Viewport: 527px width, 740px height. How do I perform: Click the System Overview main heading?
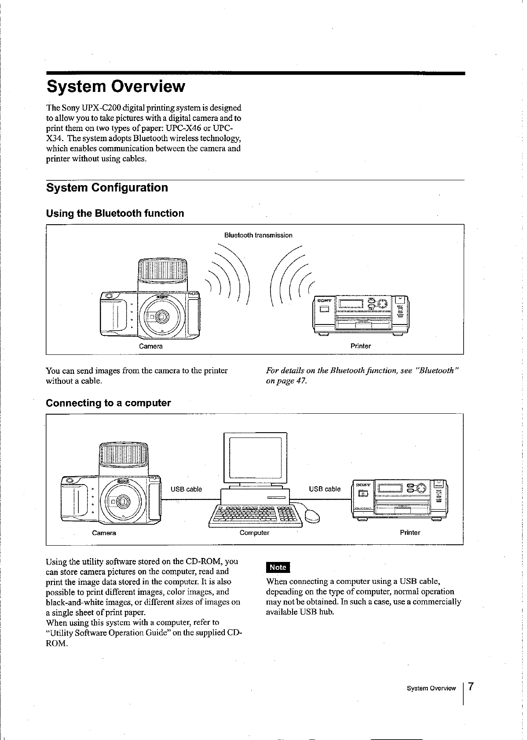tap(116, 86)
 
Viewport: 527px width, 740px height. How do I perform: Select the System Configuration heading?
tap(107, 188)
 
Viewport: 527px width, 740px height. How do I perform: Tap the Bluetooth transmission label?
tap(258, 235)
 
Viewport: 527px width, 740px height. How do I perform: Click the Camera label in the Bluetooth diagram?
tap(151, 346)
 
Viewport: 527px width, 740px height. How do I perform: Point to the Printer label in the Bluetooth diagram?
tap(361, 346)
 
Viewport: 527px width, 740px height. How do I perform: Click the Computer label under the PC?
tap(254, 533)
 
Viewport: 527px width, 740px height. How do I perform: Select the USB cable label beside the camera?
tap(186, 489)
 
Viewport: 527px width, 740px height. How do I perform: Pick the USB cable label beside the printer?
tap(325, 489)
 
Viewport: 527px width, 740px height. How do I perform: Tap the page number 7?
tap(471, 687)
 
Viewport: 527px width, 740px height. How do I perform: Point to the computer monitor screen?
tap(255, 457)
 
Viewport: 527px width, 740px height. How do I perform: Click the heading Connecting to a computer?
tap(109, 403)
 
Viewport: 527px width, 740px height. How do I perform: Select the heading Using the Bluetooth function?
tap(115, 214)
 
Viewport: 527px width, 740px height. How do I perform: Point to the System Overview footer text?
tap(431, 688)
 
